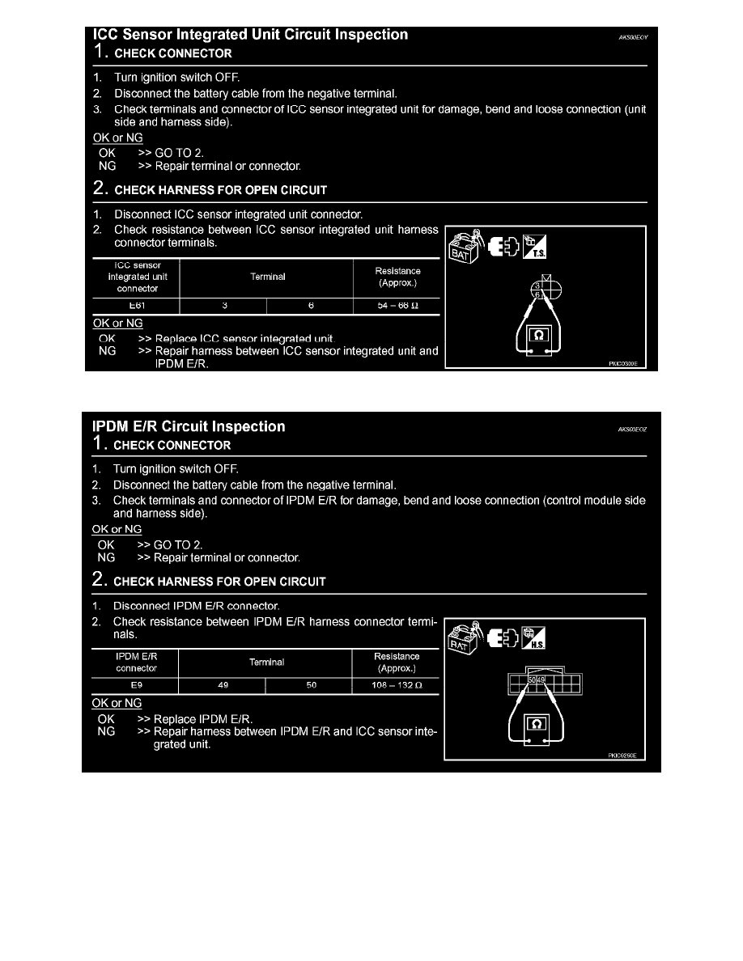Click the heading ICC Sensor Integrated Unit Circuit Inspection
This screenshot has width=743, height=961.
pyautogui.click(x=251, y=35)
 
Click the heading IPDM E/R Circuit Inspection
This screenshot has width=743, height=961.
pyautogui.click(x=189, y=426)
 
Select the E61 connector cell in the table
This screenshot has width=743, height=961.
pyautogui.click(x=135, y=306)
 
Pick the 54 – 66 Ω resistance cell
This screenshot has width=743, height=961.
pyautogui.click(x=397, y=306)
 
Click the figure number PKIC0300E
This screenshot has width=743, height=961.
pyautogui.click(x=623, y=364)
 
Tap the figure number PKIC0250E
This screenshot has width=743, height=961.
pyautogui.click(x=623, y=756)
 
